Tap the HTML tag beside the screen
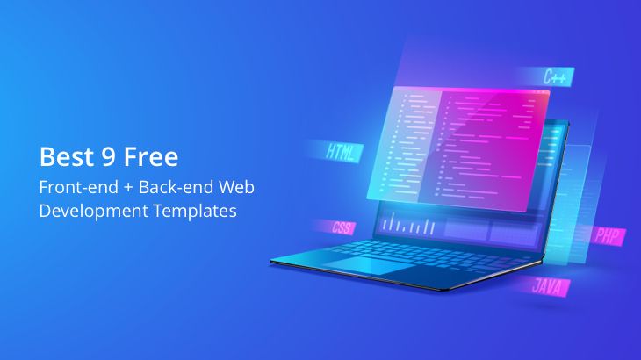click(x=342, y=151)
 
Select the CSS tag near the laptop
click(x=342, y=227)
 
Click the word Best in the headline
click(x=61, y=158)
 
